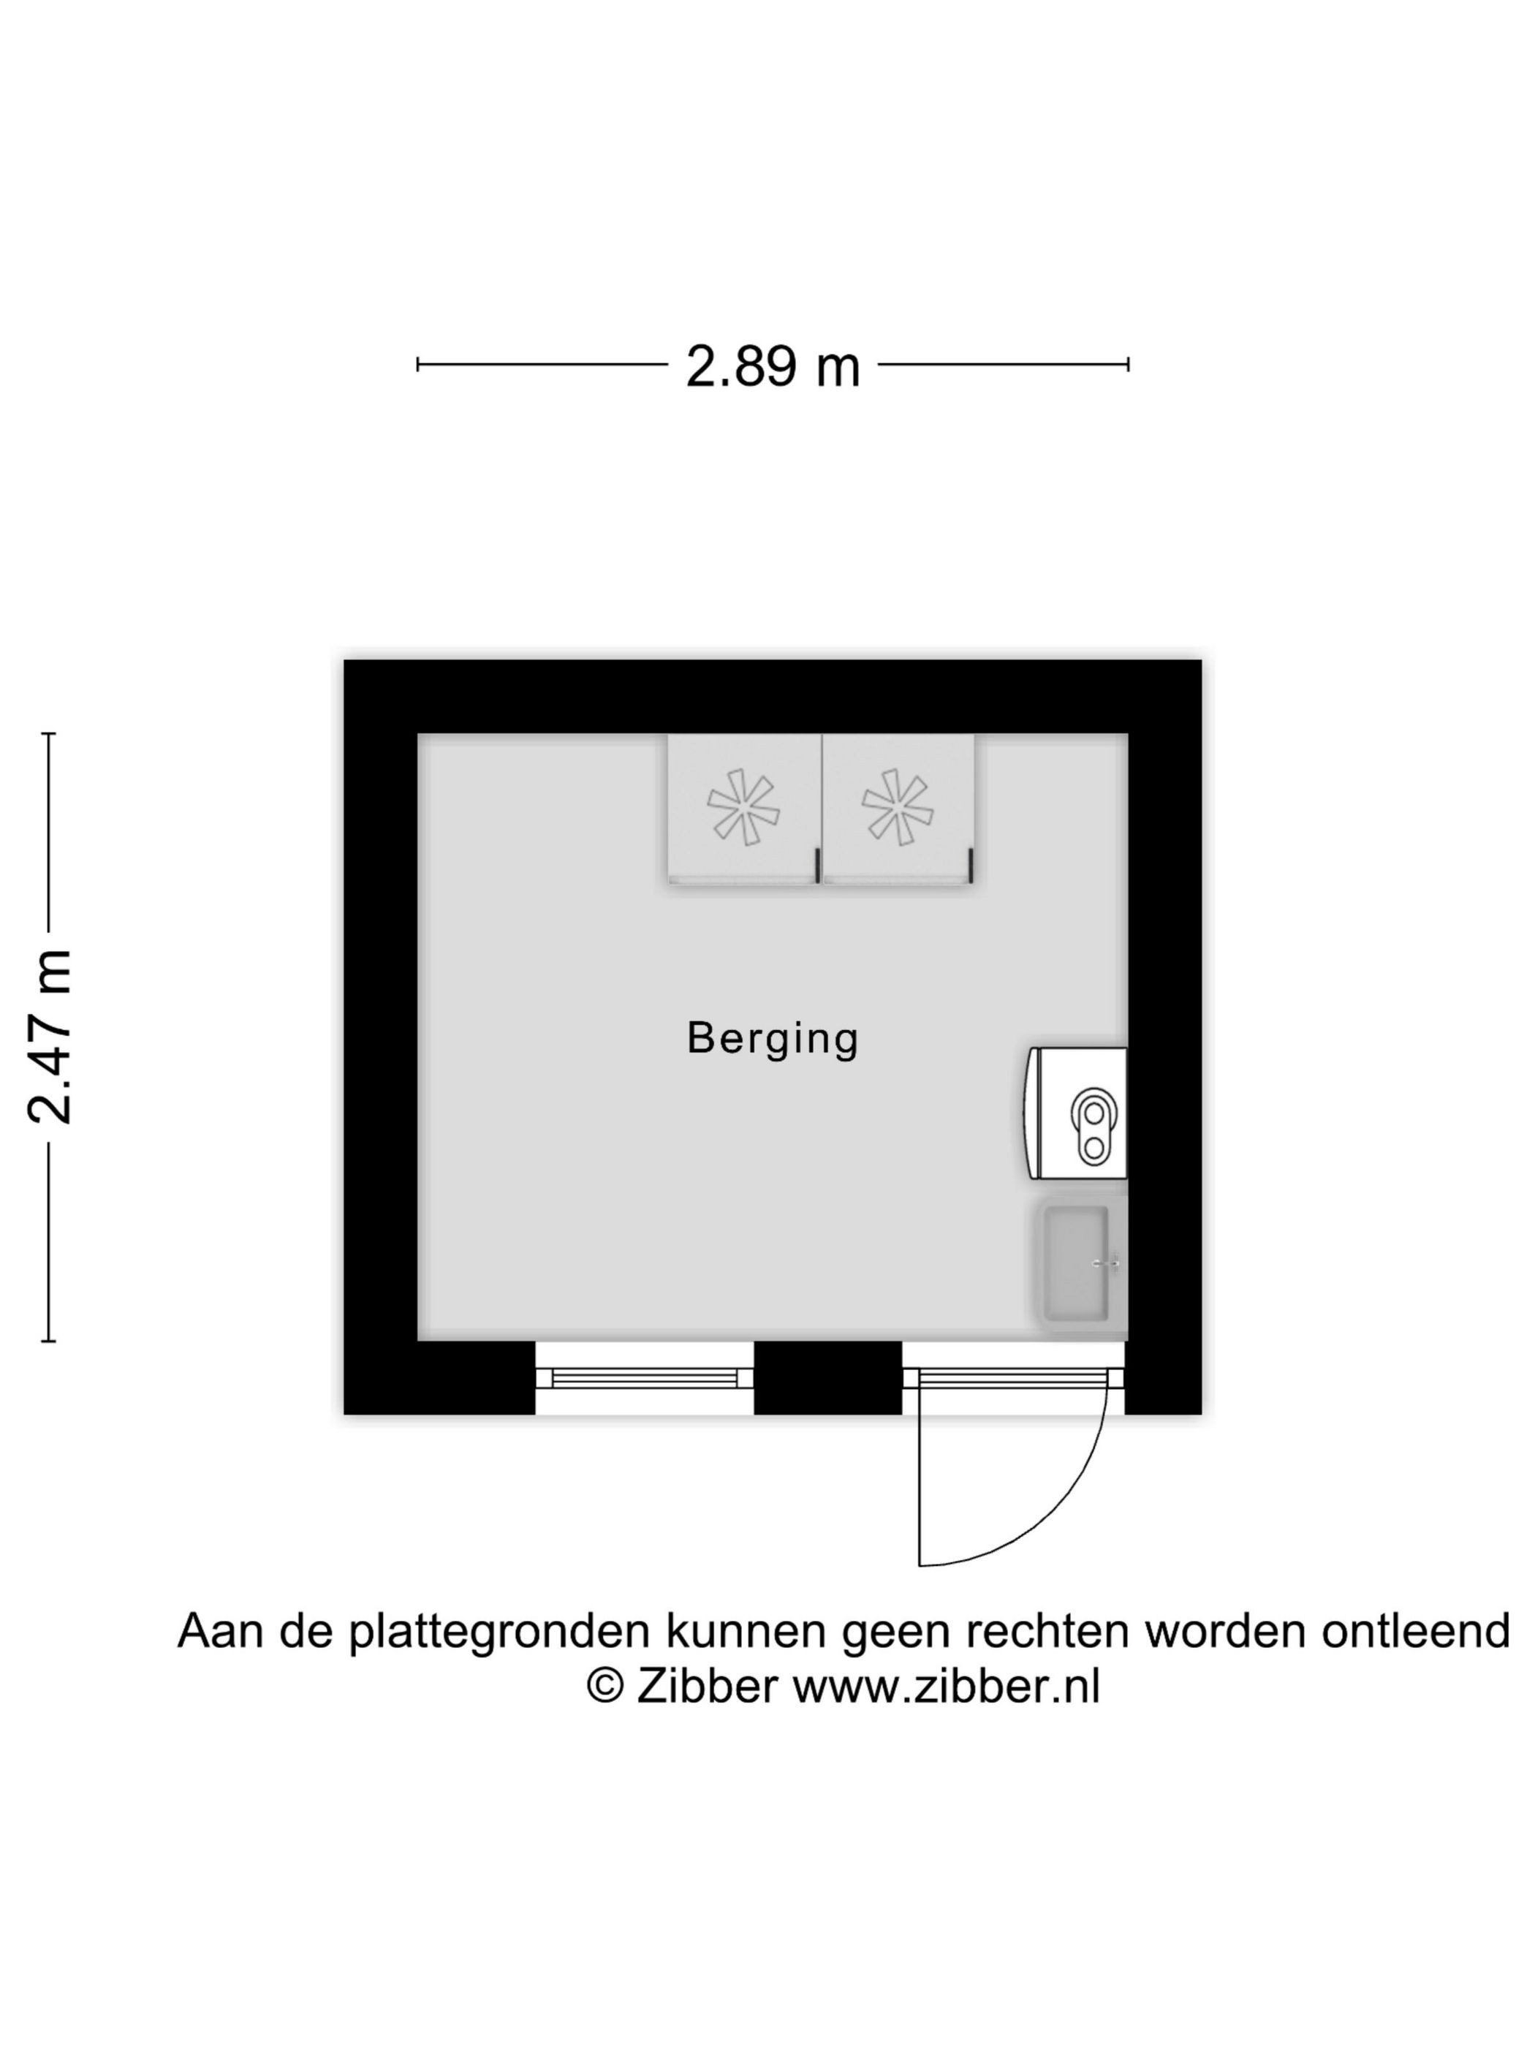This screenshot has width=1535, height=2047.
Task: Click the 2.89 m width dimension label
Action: pos(772,366)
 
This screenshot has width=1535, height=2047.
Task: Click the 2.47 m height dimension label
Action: pos(50,1037)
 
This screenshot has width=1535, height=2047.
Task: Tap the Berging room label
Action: pos(773,1038)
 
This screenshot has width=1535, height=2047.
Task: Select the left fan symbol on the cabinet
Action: pos(743,807)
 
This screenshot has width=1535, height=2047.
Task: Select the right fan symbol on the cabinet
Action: pos(897,807)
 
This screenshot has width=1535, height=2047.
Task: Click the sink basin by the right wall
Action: pos(1076,1264)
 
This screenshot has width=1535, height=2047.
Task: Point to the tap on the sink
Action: pos(1107,1263)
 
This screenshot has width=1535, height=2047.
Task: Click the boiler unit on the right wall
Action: pos(1075,1113)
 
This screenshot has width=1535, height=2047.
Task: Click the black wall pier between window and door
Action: pos(828,1378)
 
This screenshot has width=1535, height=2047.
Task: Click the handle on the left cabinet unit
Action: pos(817,866)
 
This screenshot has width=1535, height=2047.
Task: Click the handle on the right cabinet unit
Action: pos(971,866)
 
